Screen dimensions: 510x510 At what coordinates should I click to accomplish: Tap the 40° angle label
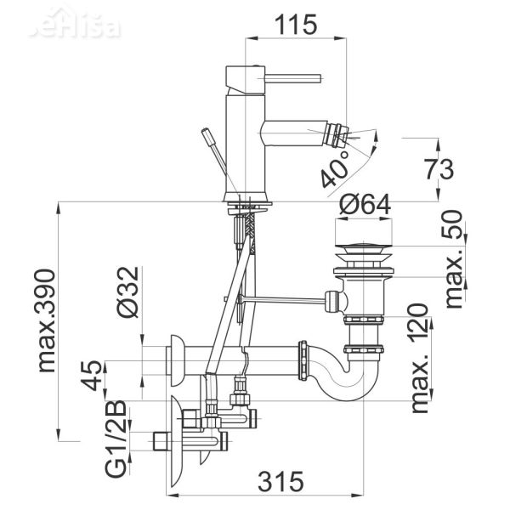point(337,170)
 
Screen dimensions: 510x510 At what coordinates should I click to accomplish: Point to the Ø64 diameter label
point(366,205)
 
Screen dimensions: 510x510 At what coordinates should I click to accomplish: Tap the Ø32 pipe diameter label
point(126,292)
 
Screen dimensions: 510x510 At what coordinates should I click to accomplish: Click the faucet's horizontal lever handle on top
point(289,76)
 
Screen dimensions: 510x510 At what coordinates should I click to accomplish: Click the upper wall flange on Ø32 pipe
point(177,358)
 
